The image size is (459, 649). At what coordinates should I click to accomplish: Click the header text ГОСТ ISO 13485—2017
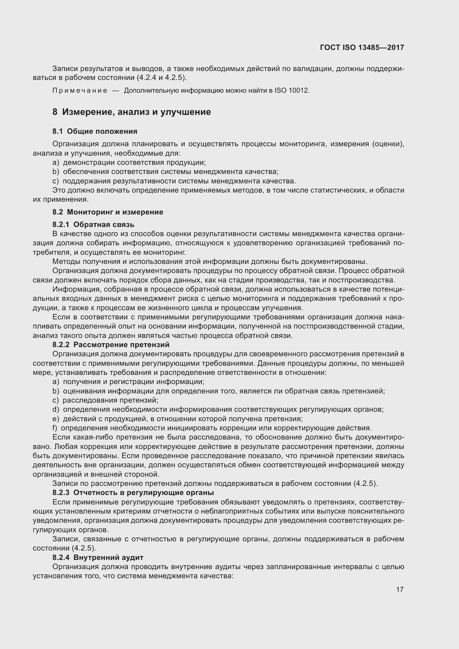362,47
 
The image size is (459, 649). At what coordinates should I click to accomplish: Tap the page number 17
400,589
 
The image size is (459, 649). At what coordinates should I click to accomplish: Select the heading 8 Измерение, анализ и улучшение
132,112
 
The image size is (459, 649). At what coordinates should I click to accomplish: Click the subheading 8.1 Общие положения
95,131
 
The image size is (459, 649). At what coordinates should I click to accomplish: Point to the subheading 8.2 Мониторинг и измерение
108,212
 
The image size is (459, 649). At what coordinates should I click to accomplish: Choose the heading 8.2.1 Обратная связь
93,224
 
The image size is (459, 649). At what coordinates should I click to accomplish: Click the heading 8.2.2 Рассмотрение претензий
111,345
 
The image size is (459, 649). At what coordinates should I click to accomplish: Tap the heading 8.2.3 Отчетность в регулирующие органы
133,493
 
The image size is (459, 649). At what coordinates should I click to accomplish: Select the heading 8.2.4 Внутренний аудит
98,557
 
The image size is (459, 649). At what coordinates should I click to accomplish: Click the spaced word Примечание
80,91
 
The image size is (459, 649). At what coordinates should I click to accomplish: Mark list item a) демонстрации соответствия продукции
129,163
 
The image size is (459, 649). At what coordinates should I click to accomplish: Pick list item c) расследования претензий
105,400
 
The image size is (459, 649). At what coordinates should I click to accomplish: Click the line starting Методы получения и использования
210,261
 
